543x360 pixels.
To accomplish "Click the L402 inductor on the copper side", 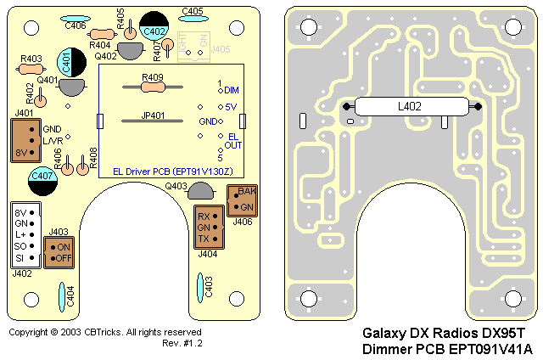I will (412, 106).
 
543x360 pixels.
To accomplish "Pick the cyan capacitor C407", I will (42, 176).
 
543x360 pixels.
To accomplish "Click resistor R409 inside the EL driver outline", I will (153, 84).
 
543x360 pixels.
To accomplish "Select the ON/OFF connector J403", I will (59, 251).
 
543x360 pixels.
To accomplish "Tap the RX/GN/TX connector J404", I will (208, 227).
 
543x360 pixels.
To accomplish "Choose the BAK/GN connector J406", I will (242, 200).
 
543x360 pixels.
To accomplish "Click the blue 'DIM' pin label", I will (232, 90).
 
